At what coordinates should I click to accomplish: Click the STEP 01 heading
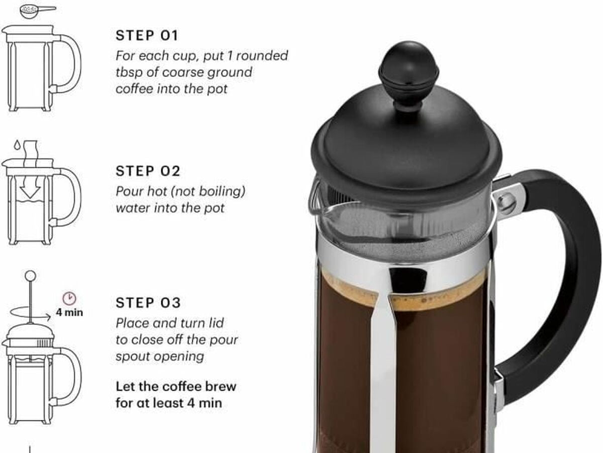pyautogui.click(x=147, y=36)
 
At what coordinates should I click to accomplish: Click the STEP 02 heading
pyautogui.click(x=148, y=171)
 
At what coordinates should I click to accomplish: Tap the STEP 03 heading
pyautogui.click(x=148, y=303)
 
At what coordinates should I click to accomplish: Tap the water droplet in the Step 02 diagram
pyautogui.click(x=17, y=145)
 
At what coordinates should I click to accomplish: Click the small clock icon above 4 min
pyautogui.click(x=69, y=298)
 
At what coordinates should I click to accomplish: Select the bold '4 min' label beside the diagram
pyautogui.click(x=69, y=312)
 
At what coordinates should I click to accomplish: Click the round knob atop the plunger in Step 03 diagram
pyautogui.click(x=30, y=276)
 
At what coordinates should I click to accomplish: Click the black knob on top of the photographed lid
pyautogui.click(x=409, y=74)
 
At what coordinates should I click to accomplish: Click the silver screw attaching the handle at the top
pyautogui.click(x=507, y=203)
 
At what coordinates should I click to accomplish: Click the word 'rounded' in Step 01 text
pyautogui.click(x=262, y=56)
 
